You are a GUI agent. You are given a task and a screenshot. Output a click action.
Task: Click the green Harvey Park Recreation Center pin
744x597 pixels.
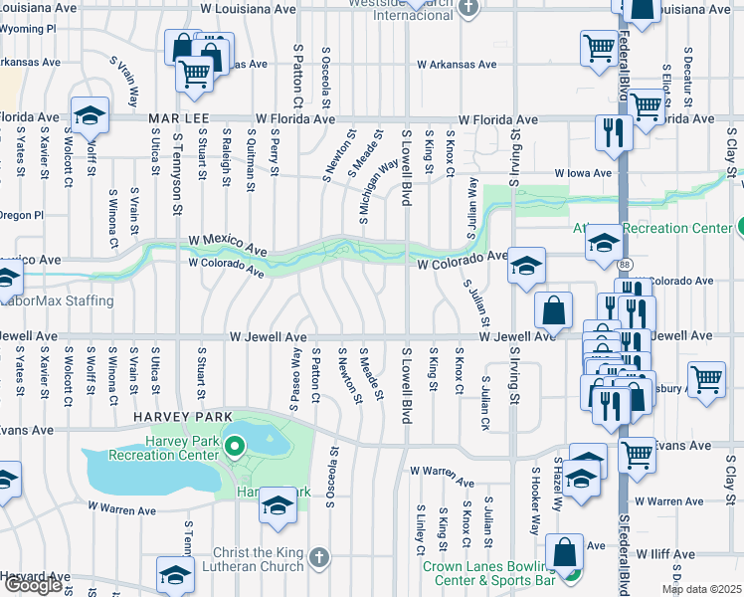(235, 447)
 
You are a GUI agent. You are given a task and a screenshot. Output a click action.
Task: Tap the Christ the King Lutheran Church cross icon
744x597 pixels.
(317, 555)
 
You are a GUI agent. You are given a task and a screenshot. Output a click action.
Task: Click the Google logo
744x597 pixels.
(33, 585)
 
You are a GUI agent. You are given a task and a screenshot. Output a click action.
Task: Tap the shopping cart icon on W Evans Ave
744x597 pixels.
(638, 455)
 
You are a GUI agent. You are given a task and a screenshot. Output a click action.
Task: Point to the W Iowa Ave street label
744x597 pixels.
(583, 172)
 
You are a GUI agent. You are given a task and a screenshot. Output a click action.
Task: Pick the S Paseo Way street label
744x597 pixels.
(294, 372)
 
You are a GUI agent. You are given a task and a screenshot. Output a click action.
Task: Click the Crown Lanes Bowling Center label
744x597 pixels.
(488, 572)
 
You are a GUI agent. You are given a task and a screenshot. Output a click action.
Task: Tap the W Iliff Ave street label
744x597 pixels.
(665, 553)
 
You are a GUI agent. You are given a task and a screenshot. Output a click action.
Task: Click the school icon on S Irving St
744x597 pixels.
(526, 265)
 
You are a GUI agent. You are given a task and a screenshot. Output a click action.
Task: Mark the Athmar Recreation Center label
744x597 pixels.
(651, 228)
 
